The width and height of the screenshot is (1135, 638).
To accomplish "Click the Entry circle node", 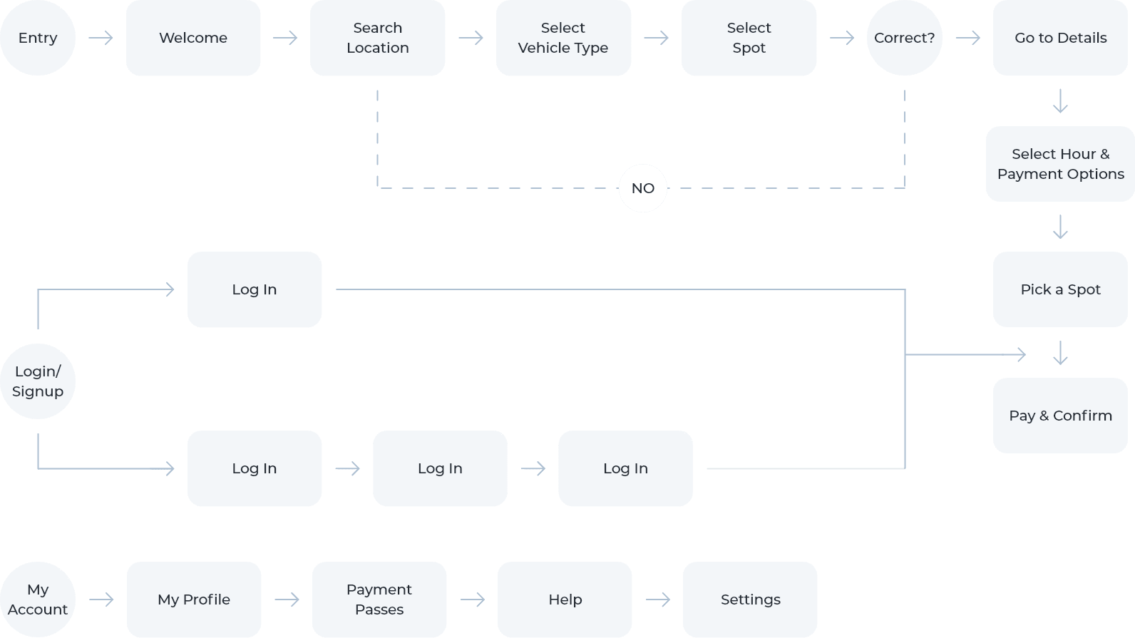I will pyautogui.click(x=38, y=38).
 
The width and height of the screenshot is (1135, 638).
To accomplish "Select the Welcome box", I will pyautogui.click(x=193, y=38).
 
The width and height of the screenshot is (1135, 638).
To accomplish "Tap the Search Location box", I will pyautogui.click(x=377, y=38).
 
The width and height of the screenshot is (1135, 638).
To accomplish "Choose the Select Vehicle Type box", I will pyautogui.click(x=563, y=38).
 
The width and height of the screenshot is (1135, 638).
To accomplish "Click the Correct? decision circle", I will pyautogui.click(x=904, y=38).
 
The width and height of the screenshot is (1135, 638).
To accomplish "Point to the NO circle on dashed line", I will pyautogui.click(x=642, y=188).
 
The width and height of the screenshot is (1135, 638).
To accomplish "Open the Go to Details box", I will pyautogui.click(x=1060, y=38).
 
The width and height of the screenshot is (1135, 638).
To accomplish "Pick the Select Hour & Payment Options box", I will pyautogui.click(x=1060, y=164).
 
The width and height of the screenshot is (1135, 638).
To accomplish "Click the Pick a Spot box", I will pyautogui.click(x=1060, y=289).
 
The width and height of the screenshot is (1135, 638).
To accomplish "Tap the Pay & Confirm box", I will pyautogui.click(x=1060, y=416).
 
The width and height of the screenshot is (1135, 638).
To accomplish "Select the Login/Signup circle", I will pyautogui.click(x=38, y=381).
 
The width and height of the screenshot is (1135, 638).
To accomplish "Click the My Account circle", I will pyautogui.click(x=38, y=600).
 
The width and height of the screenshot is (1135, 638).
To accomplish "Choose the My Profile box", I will pyautogui.click(x=194, y=600).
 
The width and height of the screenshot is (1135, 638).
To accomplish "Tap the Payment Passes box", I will pyautogui.click(x=379, y=600).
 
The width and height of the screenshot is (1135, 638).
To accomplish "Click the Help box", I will pyautogui.click(x=565, y=600).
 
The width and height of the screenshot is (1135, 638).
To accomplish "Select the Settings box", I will pyautogui.click(x=750, y=600).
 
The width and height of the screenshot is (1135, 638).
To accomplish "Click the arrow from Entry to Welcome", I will pyautogui.click(x=101, y=38).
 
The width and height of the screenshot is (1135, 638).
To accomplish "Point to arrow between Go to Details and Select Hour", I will pyautogui.click(x=1060, y=101).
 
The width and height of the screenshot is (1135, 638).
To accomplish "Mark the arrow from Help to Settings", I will pyautogui.click(x=657, y=600).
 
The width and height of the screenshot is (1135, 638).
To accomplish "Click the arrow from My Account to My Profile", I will pyautogui.click(x=101, y=600).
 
